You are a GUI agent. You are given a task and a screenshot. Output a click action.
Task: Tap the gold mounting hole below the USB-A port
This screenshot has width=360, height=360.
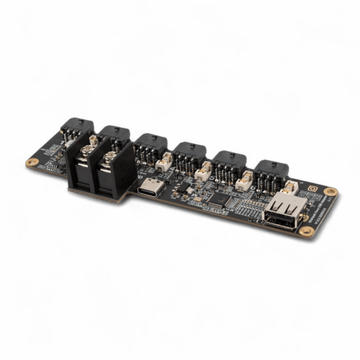(306, 231)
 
